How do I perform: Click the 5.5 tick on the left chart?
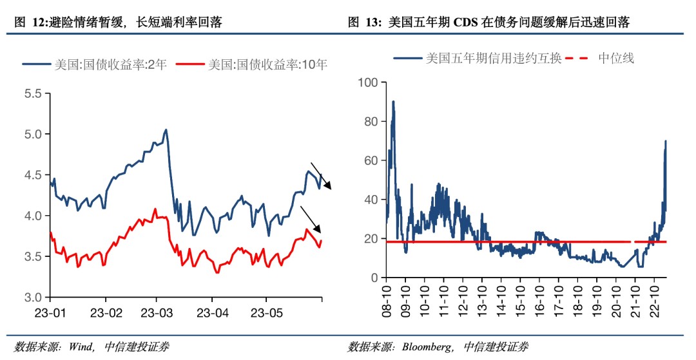33,93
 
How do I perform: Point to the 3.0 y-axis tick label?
33,298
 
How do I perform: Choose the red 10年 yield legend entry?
253,64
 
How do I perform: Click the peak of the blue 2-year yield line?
166,130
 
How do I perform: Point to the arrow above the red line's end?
311,218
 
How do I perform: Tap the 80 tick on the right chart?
371,121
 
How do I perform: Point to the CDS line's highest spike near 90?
393,102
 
